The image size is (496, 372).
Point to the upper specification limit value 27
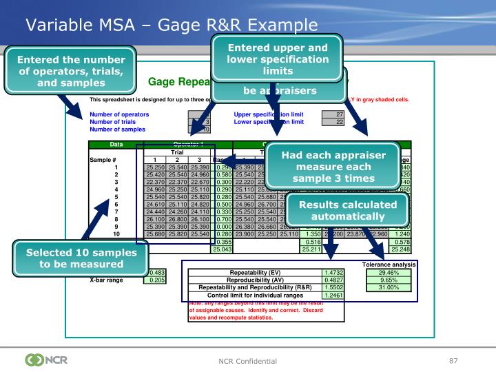pyautogui.click(x=333, y=114)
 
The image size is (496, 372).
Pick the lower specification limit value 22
pyautogui.click(x=333, y=122)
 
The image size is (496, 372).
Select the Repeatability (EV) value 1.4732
pyautogui.click(x=333, y=273)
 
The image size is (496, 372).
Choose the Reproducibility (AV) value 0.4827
pyautogui.click(x=333, y=280)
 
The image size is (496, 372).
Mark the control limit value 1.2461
pyautogui.click(x=333, y=296)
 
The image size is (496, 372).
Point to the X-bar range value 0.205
pyautogui.click(x=155, y=280)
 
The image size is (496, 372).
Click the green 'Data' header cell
pyautogui.click(x=112, y=145)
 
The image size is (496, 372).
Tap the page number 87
pyautogui.click(x=453, y=360)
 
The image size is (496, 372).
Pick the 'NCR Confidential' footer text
pyautogui.click(x=248, y=361)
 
